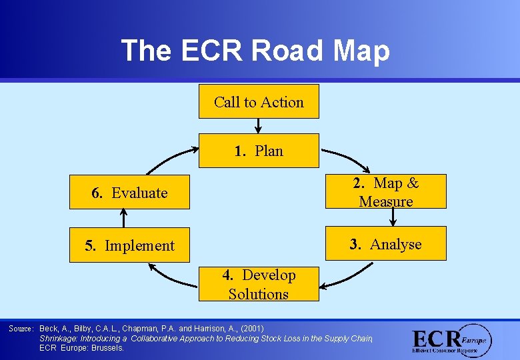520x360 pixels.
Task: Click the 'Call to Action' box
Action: [x=259, y=102]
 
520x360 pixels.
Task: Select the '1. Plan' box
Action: [x=259, y=151]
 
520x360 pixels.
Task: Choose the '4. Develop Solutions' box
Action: [x=259, y=285]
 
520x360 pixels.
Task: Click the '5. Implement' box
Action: [x=130, y=245]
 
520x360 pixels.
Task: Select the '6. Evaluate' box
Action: [x=130, y=193]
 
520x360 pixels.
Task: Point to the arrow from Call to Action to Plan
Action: [x=258, y=126]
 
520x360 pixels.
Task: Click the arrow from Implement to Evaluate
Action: [x=123, y=218]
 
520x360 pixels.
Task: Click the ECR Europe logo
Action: [x=451, y=341]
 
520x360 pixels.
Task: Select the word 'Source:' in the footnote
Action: [x=21, y=329]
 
